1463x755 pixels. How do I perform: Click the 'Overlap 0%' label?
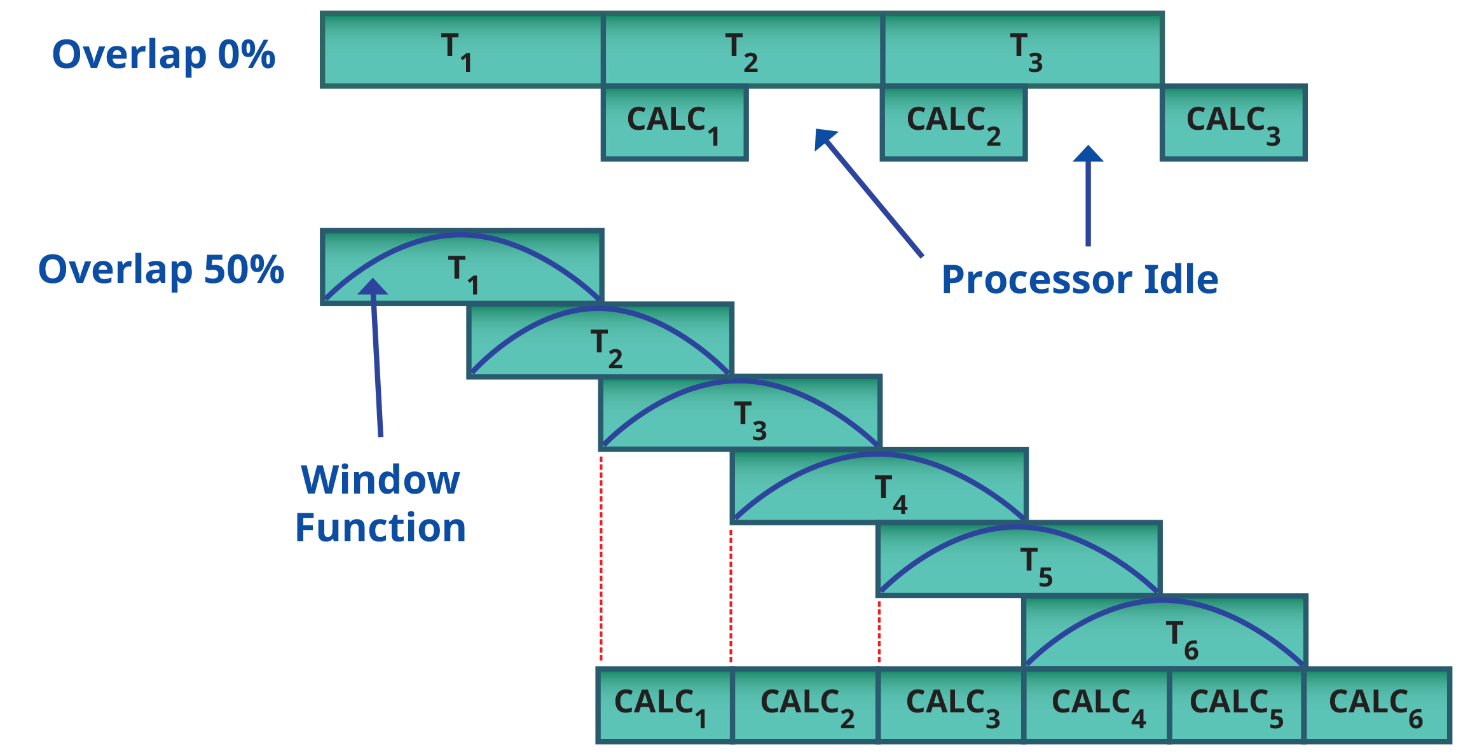click(x=163, y=55)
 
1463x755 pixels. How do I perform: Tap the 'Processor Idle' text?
click(x=1080, y=280)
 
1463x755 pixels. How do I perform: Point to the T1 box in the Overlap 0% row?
click(x=462, y=50)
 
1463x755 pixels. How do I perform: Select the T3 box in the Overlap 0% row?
click(x=1023, y=50)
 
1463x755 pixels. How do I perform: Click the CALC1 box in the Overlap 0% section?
click(x=675, y=122)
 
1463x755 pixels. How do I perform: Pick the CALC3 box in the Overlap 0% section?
click(x=1233, y=122)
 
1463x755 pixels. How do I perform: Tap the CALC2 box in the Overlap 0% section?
click(x=954, y=122)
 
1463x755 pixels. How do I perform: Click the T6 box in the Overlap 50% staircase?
click(x=1165, y=632)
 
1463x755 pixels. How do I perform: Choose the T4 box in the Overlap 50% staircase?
click(x=879, y=487)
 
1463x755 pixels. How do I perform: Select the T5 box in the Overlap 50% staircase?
click(x=1019, y=559)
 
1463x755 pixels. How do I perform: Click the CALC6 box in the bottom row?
click(x=1377, y=705)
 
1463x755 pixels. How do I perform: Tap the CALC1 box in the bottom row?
click(x=664, y=705)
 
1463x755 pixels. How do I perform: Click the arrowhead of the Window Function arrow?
click(x=373, y=287)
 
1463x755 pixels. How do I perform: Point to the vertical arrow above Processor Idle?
click(x=1088, y=197)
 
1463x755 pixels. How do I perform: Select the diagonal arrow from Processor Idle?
click(x=870, y=193)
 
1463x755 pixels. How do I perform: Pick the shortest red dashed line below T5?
click(x=879, y=631)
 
